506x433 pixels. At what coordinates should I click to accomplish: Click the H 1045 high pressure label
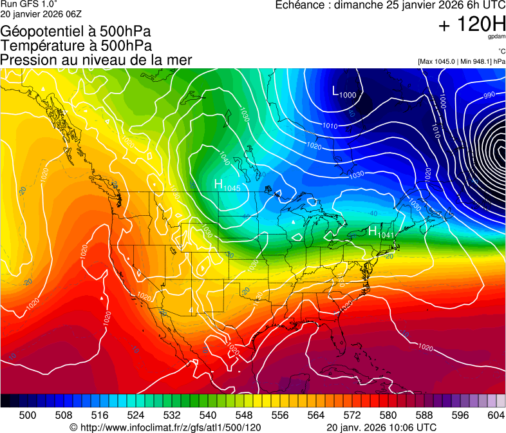point(227,186)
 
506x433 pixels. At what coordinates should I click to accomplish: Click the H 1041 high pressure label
point(380,232)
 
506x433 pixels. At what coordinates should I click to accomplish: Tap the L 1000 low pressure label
point(344,92)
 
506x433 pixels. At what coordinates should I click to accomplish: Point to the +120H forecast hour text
point(472,25)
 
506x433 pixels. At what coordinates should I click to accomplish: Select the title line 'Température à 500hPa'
point(76,46)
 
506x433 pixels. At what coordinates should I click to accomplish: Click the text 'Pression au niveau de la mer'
point(96,60)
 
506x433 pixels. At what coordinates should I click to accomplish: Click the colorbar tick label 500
point(28,415)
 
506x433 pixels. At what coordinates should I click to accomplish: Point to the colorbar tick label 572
point(352,415)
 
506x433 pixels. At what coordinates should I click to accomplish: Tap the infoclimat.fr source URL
point(165,427)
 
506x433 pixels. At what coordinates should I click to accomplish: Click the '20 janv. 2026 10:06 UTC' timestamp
point(382,427)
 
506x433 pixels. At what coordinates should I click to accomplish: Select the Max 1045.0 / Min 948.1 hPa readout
point(461,62)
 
